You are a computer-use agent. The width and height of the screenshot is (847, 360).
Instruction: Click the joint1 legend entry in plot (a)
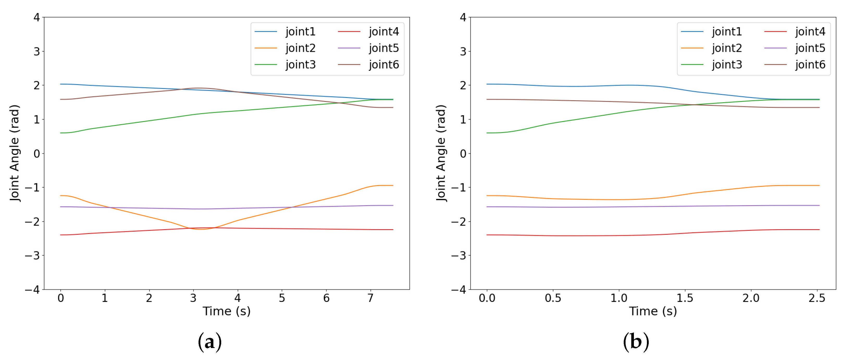300,32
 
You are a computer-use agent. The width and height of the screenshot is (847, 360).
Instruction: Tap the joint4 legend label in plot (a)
384,32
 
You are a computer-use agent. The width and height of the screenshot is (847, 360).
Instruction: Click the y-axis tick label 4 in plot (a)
36,17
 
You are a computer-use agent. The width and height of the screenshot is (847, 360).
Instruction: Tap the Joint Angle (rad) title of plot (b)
441,153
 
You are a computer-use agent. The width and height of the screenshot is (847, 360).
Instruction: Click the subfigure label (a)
210,342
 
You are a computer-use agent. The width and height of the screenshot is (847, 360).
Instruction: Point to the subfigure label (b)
636,342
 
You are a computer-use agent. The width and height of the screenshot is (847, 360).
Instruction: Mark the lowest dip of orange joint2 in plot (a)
201,229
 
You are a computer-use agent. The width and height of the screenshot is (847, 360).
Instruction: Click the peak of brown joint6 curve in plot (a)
198,88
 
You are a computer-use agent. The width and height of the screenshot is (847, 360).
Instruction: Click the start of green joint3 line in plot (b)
487,133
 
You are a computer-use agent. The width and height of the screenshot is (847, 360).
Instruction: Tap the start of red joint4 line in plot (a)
60,235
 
